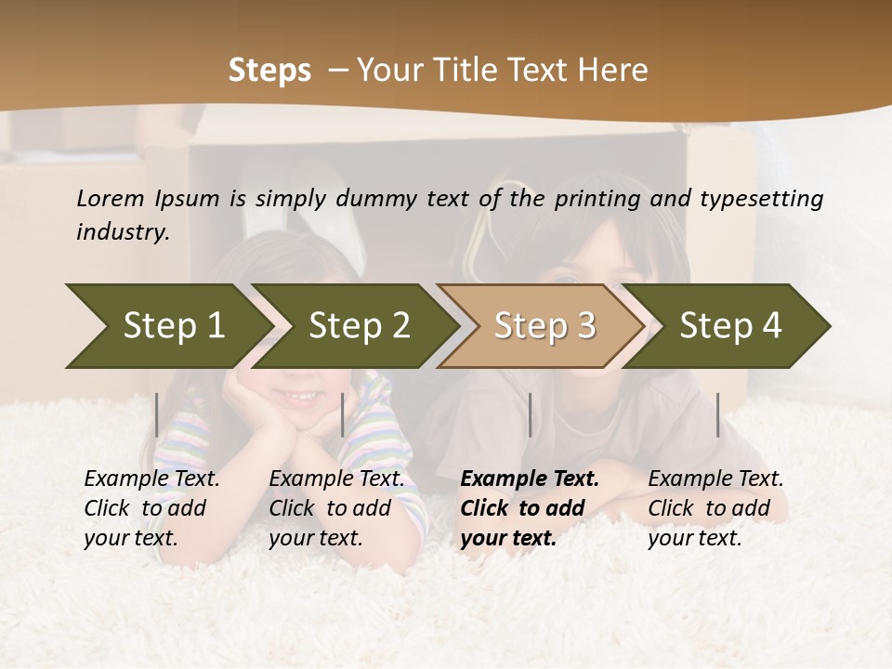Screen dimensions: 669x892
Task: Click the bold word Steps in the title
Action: click(269, 71)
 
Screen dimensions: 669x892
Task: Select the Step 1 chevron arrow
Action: click(167, 326)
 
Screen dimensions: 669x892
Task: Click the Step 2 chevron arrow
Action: click(358, 326)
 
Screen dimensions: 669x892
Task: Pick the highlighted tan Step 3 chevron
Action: click(544, 326)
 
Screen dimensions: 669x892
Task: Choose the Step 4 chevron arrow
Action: click(730, 326)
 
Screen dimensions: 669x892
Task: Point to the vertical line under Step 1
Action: click(157, 414)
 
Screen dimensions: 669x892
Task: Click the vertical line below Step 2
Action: click(343, 414)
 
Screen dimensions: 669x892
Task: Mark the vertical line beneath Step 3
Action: click(530, 414)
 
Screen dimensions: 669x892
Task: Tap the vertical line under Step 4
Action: click(717, 414)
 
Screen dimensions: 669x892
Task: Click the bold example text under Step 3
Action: click(529, 508)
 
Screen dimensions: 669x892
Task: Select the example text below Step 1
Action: click(151, 508)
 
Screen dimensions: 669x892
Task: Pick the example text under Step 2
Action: click(335, 508)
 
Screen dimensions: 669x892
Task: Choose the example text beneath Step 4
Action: click(715, 508)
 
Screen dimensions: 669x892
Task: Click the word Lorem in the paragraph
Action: click(111, 198)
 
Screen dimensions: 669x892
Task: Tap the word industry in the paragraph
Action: click(122, 232)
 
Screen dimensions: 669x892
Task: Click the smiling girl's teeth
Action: click(299, 397)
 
